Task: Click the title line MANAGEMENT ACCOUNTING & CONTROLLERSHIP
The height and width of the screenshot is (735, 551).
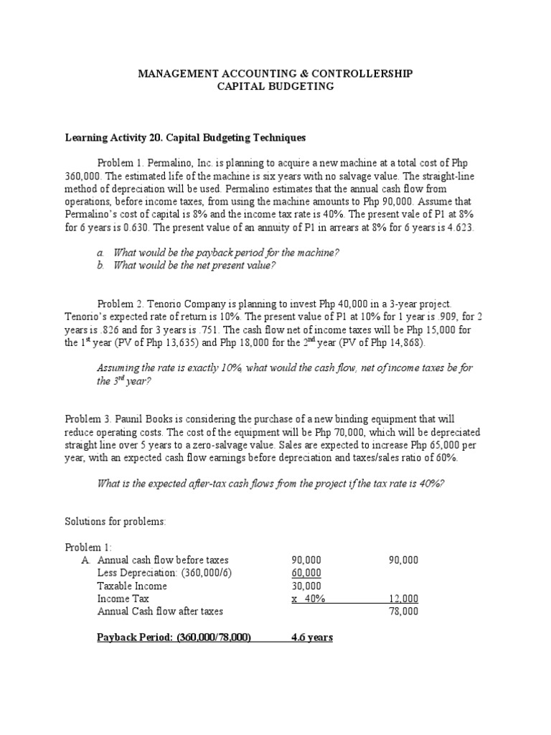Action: coord(275,74)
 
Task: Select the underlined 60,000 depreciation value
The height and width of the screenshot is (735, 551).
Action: coord(306,573)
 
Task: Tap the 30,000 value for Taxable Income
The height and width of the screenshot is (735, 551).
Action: coord(306,586)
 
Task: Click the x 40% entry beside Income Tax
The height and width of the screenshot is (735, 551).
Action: coord(308,599)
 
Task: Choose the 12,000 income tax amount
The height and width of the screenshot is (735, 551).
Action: coord(404,599)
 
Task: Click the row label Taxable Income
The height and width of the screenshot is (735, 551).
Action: coord(132,586)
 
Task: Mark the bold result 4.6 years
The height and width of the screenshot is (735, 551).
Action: coord(311,637)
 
